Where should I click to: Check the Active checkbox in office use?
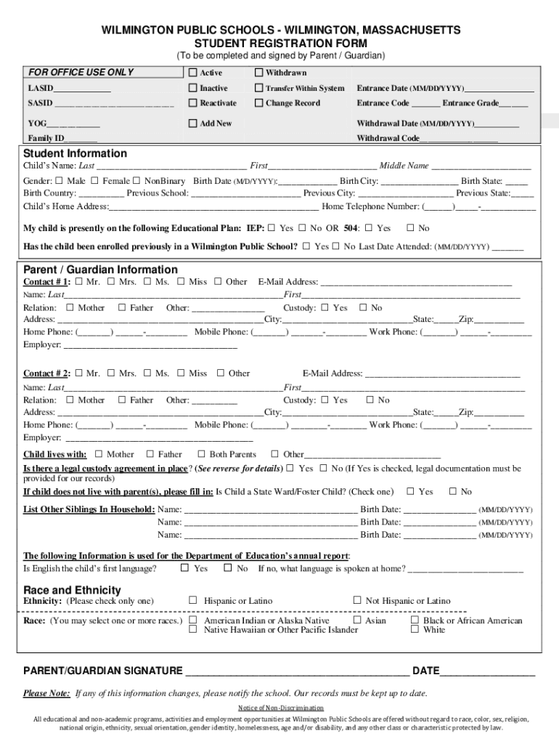(193, 73)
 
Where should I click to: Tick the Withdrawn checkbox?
(258, 73)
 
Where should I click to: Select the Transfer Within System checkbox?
(258, 88)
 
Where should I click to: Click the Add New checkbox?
(193, 124)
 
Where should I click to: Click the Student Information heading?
(75, 153)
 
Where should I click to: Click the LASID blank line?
(83, 89)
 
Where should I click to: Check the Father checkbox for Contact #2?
(122, 400)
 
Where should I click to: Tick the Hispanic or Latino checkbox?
(193, 600)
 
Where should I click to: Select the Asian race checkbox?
(357, 620)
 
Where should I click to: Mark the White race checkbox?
(415, 629)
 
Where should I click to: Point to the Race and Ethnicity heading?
(72, 590)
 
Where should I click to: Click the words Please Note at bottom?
(46, 692)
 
